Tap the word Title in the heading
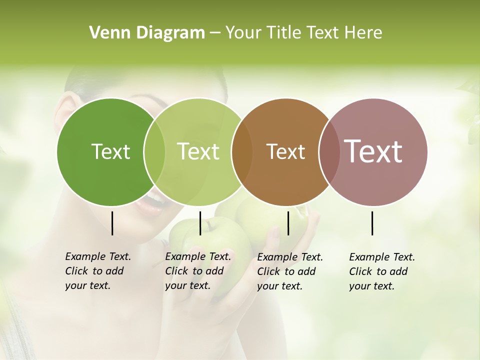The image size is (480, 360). click(x=283, y=33)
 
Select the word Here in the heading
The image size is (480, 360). click(x=363, y=33)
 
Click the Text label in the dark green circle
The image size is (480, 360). click(x=110, y=151)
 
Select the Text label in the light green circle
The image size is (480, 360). click(x=198, y=151)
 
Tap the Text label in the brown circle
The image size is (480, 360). click(x=285, y=151)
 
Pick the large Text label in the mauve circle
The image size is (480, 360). click(x=373, y=151)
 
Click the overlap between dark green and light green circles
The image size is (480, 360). click(x=154, y=151)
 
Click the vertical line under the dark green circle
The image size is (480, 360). click(x=112, y=223)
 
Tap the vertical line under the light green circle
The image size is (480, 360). click(x=200, y=223)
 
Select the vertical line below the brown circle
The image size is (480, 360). click(x=288, y=223)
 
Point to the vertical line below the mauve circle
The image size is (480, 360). click(x=372, y=223)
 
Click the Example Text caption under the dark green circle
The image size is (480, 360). click(x=97, y=271)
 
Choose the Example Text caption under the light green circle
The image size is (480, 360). click(x=197, y=271)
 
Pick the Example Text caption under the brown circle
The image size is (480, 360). click(x=289, y=271)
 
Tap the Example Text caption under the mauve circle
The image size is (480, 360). click(x=381, y=271)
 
